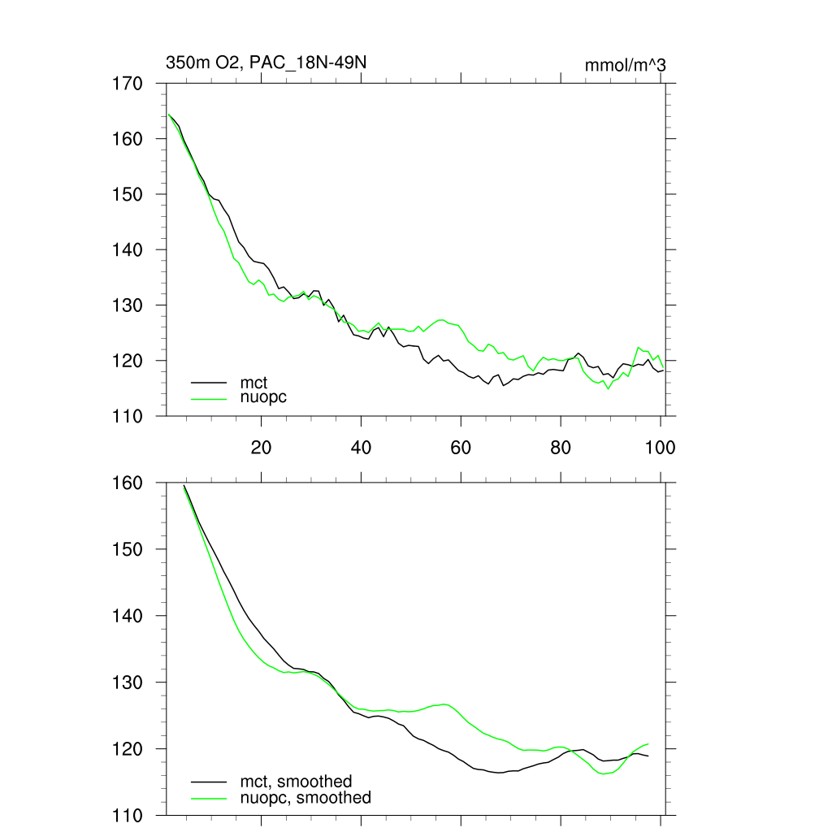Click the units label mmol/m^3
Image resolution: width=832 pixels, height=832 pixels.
pos(625,65)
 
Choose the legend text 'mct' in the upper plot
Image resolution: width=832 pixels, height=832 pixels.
pos(253,381)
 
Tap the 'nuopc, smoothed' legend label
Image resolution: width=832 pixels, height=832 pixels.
pos(305,798)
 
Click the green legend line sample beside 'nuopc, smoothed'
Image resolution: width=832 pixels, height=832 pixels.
pos(208,798)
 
